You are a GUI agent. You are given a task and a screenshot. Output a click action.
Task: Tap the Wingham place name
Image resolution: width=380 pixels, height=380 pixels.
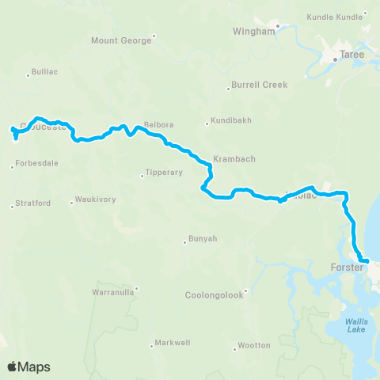(253, 32)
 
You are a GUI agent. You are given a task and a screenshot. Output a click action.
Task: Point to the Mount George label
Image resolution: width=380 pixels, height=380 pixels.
(120, 40)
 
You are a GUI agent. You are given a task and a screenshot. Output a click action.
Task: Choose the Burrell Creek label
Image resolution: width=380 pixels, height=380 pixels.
(260, 85)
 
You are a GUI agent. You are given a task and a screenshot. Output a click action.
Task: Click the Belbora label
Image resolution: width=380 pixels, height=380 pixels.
(158, 126)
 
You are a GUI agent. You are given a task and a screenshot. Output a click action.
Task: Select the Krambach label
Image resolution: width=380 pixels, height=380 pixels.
(234, 158)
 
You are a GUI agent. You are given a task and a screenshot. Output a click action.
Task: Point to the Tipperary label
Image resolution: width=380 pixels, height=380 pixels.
(165, 173)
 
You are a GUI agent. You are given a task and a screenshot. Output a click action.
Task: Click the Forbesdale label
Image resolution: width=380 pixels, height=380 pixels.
(37, 164)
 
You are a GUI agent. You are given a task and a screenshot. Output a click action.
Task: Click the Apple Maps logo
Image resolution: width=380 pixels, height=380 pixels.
(28, 367)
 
